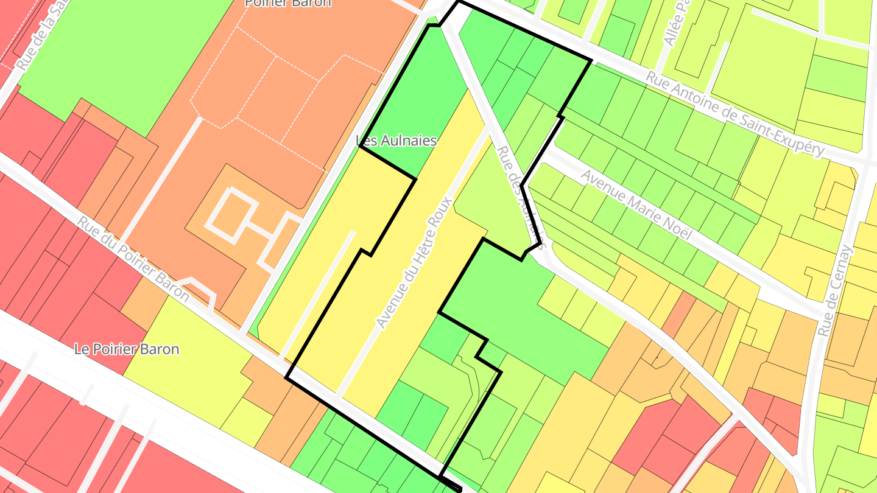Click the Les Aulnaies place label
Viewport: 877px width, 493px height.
[396, 141]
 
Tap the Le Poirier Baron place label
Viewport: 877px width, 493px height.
[127, 349]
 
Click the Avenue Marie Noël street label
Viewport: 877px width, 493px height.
[637, 205]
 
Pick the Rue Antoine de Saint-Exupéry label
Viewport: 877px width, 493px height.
[735, 113]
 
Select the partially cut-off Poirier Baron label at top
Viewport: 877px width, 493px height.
[288, 3]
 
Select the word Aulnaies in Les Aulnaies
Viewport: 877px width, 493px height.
[410, 141]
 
